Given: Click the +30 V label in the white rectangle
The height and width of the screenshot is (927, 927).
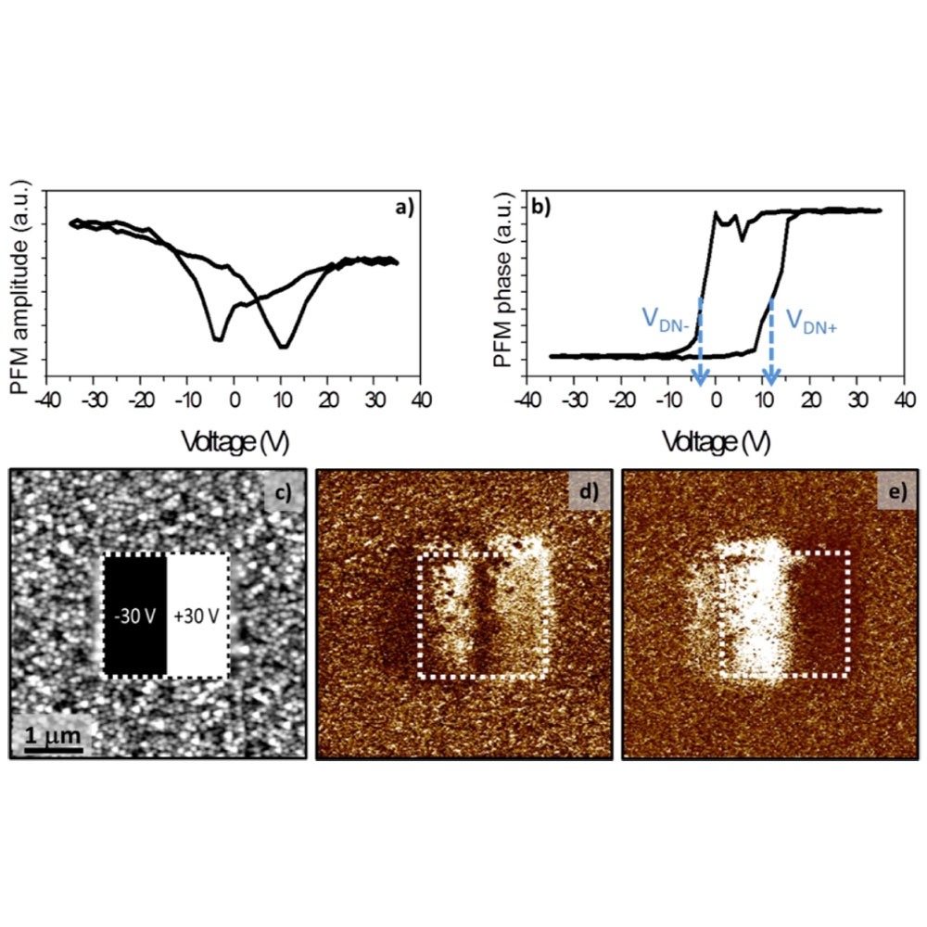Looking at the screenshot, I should (x=197, y=616).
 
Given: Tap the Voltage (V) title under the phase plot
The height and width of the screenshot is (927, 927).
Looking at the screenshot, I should (x=715, y=442).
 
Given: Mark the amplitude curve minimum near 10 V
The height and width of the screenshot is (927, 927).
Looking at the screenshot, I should (x=283, y=347).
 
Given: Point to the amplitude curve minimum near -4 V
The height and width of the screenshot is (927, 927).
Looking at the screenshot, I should (x=218, y=339).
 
